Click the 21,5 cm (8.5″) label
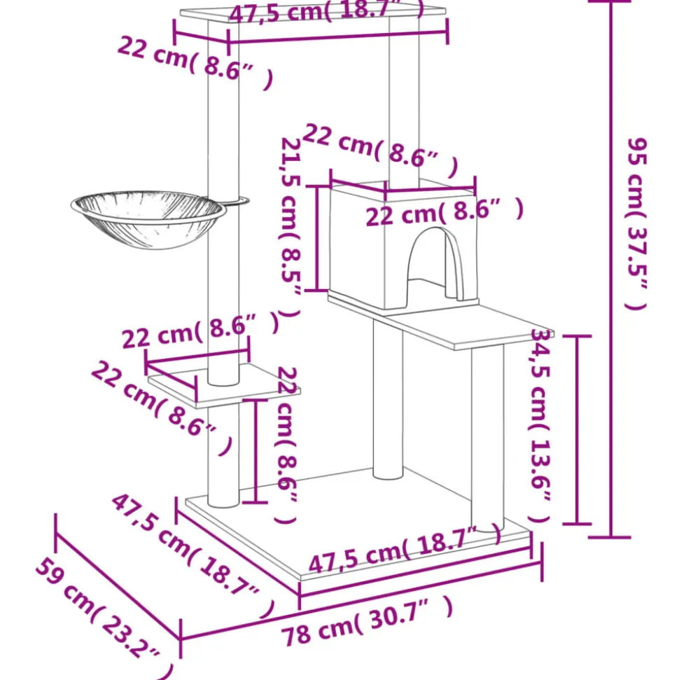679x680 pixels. tap(291, 228)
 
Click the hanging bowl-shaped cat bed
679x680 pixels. tap(147, 217)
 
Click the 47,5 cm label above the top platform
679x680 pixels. tap(326, 11)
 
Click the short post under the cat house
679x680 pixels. tap(388, 399)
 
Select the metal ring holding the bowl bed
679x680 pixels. tap(235, 202)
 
